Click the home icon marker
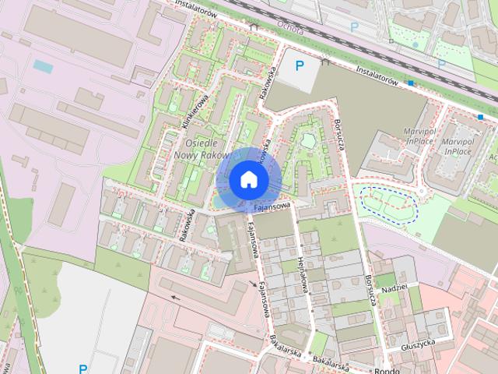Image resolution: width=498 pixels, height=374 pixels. point(248,180)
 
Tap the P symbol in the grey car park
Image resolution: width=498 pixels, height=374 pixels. point(299,67)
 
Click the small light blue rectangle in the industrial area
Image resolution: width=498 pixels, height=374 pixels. point(44,67)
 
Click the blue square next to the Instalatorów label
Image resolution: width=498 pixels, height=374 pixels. point(411,82)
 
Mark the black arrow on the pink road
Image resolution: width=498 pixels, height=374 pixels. point(174,297)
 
